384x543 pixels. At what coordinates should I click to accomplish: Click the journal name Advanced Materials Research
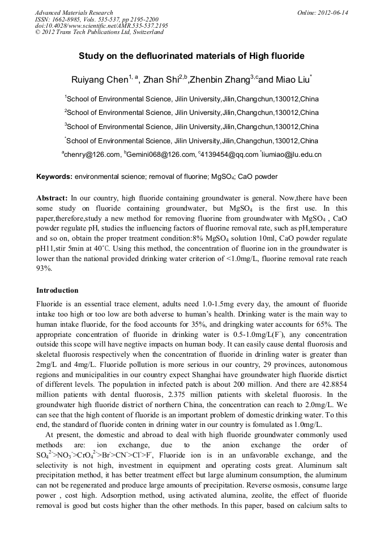74,12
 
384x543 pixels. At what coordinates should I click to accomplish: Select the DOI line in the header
101,26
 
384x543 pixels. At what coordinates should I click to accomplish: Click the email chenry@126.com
92,155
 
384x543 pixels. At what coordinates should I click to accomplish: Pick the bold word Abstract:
52,199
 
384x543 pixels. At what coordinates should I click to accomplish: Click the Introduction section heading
57,290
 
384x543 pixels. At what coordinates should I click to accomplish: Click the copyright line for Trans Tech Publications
99,32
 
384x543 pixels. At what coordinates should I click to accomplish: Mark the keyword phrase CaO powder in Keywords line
258,177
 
